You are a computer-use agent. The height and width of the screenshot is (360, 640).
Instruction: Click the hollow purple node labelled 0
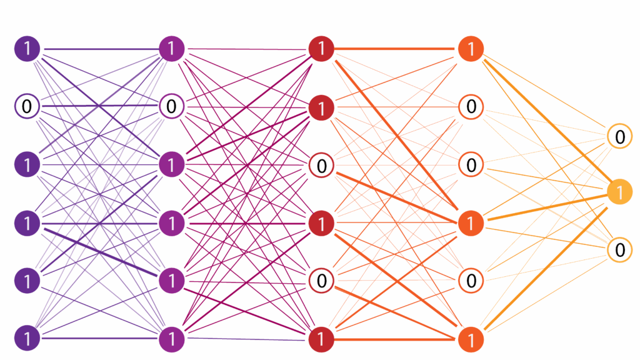click(27, 107)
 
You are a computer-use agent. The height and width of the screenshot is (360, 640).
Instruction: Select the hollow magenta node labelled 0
click(171, 106)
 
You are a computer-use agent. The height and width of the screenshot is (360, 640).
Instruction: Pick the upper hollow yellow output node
click(619, 136)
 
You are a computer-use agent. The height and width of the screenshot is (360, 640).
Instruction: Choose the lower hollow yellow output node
click(619, 250)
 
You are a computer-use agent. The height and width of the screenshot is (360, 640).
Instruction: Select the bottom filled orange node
click(471, 339)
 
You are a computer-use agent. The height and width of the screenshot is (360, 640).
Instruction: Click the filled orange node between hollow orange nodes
click(471, 223)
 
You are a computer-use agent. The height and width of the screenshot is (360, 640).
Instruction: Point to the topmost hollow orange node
click(471, 107)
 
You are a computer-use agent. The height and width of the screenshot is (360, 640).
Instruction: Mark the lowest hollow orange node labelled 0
click(471, 281)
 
